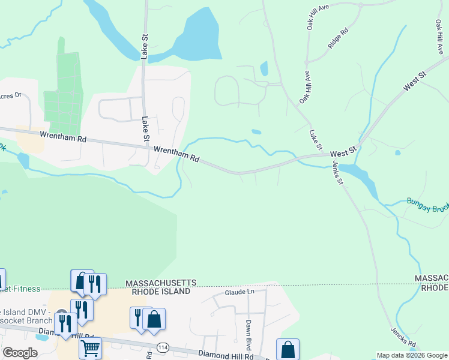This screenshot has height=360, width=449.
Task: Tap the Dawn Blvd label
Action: point(248,331)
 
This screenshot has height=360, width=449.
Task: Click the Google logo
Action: point(20,353)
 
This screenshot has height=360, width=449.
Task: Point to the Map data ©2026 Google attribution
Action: point(412,355)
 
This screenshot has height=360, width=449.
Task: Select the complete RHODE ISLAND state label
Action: point(157,291)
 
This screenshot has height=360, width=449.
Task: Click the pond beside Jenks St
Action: point(363,179)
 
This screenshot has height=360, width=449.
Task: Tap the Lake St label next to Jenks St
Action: point(316,140)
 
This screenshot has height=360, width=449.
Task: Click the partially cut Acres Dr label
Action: point(10,95)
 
